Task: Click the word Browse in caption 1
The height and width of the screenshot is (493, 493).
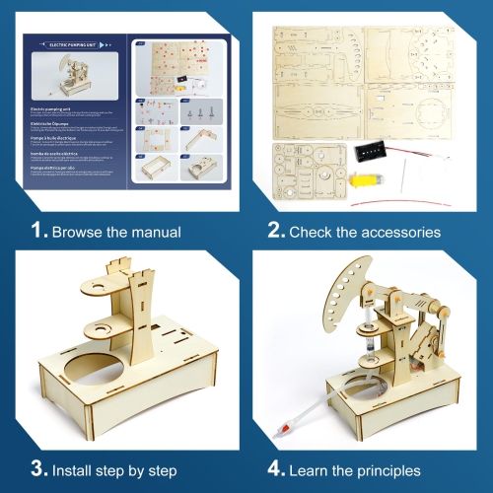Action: pos(76,232)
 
